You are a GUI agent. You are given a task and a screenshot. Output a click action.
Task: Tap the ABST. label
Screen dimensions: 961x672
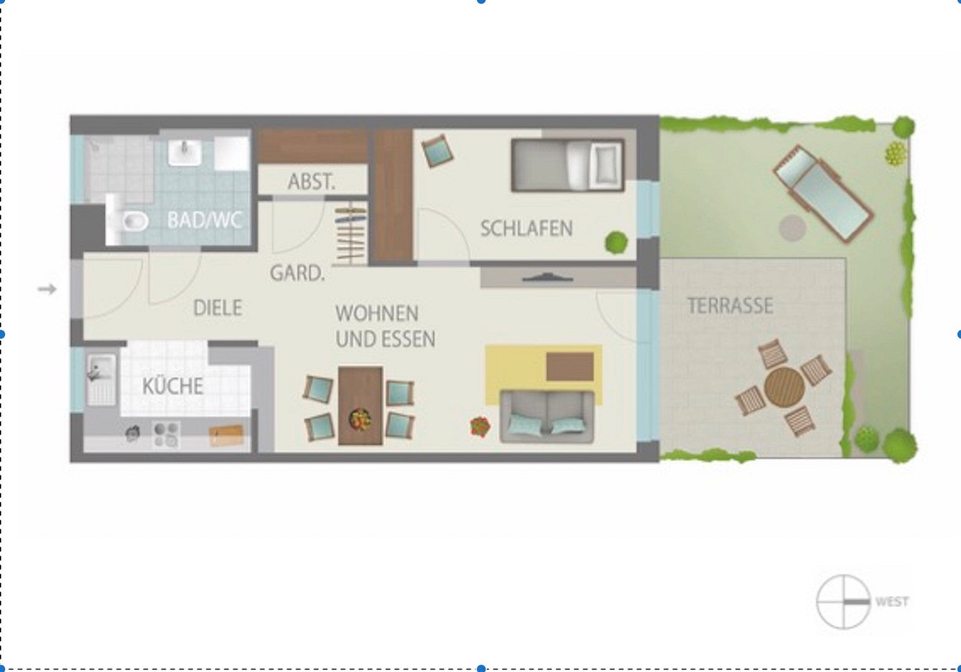[311, 182]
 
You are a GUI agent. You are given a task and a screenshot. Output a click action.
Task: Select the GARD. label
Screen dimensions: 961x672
[297, 273]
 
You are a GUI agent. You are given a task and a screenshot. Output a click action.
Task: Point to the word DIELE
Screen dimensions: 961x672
[218, 307]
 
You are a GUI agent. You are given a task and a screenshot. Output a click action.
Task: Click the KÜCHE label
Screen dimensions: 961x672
[172, 386]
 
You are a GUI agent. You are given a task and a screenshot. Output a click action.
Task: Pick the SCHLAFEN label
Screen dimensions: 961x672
[526, 228]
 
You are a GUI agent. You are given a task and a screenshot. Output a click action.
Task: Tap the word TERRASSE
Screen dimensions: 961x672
[730, 306]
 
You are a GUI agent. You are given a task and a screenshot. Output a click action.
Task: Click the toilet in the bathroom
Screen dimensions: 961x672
[128, 220]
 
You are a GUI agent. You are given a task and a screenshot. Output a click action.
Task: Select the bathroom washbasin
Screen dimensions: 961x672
[185, 152]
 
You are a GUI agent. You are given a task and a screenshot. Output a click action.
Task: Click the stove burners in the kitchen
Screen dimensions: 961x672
[166, 435]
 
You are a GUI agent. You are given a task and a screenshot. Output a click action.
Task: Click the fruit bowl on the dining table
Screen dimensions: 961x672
[360, 418]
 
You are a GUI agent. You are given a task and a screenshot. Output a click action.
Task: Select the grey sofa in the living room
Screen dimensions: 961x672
[547, 417]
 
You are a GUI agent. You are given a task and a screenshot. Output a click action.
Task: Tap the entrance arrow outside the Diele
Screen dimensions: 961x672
[47, 289]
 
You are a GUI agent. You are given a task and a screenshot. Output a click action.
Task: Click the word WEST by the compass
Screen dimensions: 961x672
[892, 602]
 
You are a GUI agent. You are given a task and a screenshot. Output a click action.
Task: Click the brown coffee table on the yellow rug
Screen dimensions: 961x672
[570, 366]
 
